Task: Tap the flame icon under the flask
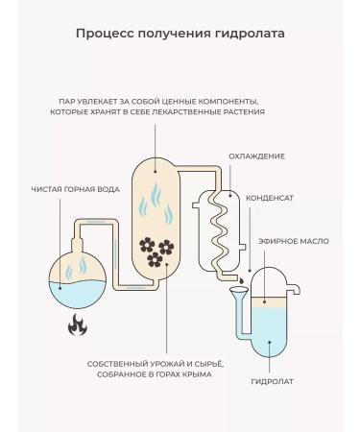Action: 75,325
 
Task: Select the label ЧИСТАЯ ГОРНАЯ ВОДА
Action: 74,189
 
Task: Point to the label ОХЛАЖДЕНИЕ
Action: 256,156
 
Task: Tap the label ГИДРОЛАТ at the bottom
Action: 272,381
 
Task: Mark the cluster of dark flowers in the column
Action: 156,251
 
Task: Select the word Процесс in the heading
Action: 103,34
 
